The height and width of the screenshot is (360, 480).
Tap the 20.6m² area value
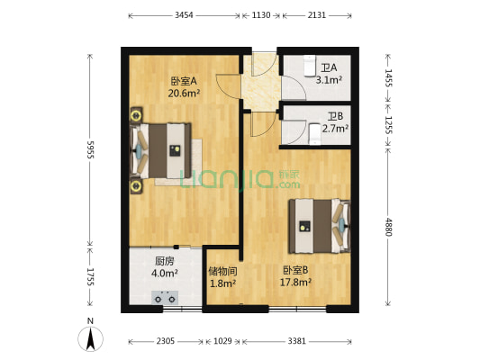(x=182, y=92)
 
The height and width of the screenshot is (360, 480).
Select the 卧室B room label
(x=295, y=269)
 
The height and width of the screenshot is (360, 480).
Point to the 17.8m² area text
(x=295, y=282)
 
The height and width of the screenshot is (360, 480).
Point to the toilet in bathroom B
(x=315, y=133)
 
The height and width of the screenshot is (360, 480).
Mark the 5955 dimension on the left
(x=89, y=148)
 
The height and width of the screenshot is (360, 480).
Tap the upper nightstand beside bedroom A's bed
(x=136, y=114)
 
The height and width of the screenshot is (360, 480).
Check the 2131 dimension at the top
(x=317, y=15)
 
